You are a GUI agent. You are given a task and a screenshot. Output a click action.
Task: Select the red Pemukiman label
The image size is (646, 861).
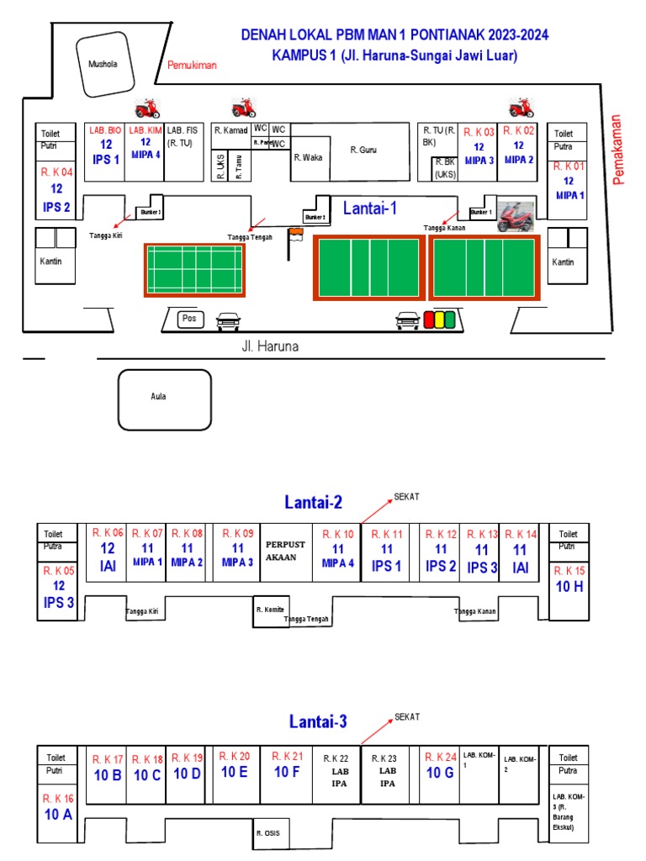point(192,65)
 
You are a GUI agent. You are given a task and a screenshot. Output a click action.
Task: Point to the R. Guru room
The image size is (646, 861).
point(363,151)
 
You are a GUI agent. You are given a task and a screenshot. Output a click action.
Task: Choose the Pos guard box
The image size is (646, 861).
point(188,319)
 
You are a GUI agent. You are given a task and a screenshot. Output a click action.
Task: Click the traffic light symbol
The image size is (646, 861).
point(438,320)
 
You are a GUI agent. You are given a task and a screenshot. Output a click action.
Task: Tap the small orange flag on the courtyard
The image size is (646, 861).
point(294,235)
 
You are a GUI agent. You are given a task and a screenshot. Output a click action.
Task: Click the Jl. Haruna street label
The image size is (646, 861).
point(270,346)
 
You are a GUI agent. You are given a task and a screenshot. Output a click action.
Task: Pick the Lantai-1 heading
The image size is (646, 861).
point(371,208)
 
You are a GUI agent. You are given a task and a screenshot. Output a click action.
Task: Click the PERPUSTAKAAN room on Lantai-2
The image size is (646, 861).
point(285,550)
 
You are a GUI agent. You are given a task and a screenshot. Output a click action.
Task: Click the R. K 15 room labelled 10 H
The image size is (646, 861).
point(569,580)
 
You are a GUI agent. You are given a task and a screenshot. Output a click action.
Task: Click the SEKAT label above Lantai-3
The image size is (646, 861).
point(406,716)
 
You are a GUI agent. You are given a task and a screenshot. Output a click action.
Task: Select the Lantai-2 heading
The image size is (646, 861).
point(313,503)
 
